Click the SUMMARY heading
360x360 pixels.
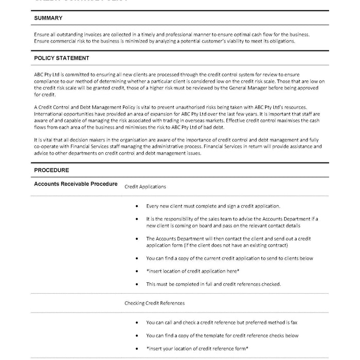click(48, 18)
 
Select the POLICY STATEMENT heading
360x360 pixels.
click(61, 59)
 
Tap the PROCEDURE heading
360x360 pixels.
click(51, 170)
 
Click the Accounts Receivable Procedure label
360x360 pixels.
click(76, 184)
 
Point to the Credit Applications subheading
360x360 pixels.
click(145, 187)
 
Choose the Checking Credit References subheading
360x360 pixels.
click(154, 303)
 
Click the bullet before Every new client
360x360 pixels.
click(136, 206)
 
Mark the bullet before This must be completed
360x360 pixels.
click(136, 284)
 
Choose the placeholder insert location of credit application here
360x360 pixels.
click(193, 271)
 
